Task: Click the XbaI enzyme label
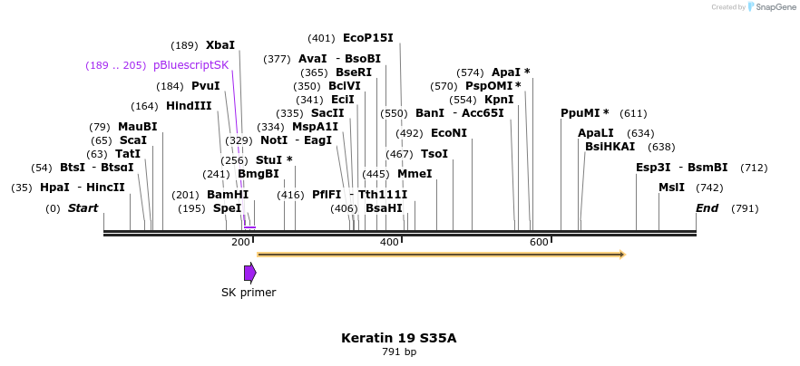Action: [220, 44]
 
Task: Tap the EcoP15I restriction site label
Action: [367, 38]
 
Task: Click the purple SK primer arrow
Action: [249, 273]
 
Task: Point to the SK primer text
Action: [249, 293]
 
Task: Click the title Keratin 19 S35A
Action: [398, 338]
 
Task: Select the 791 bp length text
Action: [398, 352]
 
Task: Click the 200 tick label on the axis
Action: [240, 242]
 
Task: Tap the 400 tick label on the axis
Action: [389, 242]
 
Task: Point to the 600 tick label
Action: [539, 242]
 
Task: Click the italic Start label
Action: [83, 208]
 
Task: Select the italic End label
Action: [707, 208]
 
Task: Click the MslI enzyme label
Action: [671, 188]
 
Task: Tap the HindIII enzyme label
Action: [189, 106]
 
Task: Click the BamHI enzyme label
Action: [227, 195]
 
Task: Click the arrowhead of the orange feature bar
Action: [622, 255]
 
